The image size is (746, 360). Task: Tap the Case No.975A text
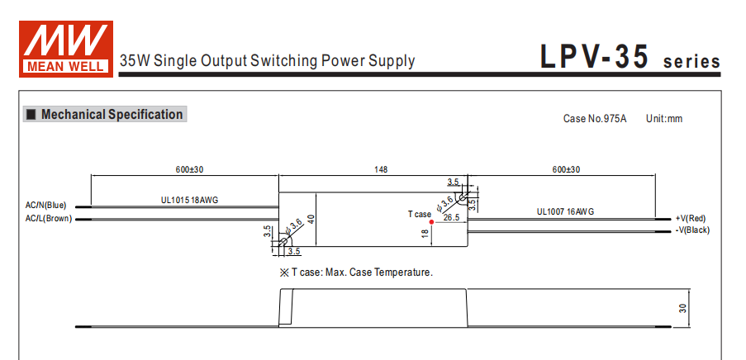tap(595, 119)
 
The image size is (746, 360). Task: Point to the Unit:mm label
tap(664, 119)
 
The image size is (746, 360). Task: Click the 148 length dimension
tap(380, 170)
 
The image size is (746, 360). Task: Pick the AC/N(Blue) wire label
tap(46, 205)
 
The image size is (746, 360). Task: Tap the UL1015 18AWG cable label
tap(189, 200)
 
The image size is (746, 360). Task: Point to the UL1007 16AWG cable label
tap(565, 212)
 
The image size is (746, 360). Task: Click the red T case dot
tap(432, 222)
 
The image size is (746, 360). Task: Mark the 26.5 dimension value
tap(451, 218)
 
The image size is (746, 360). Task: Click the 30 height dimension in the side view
tap(683, 308)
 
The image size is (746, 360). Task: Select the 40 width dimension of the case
tap(311, 219)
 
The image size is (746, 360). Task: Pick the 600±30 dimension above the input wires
tap(189, 170)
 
